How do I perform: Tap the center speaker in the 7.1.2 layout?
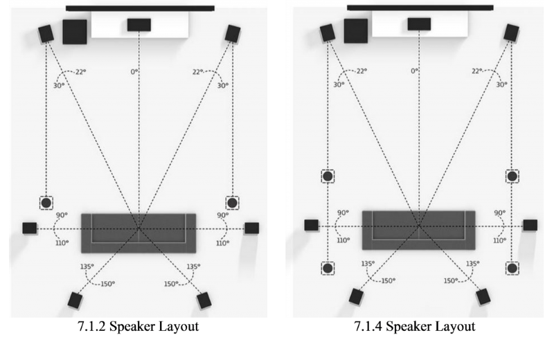tap(139, 24)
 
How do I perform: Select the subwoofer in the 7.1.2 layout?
tap(75, 32)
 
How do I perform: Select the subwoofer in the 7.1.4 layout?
tap(355, 31)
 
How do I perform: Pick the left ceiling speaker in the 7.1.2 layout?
tap(46, 203)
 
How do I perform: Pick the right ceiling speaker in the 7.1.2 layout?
tap(233, 203)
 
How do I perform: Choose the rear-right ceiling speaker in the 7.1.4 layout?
tap(512, 268)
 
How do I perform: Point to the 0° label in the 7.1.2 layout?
tap(134, 71)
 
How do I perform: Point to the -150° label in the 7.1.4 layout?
tap(386, 280)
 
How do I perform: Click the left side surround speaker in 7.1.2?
tap(29, 228)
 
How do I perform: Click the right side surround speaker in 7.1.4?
tap(530, 224)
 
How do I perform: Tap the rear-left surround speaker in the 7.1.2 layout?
tap(75, 300)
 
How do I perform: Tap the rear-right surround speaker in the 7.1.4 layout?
tap(483, 296)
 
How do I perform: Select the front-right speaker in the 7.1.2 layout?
tap(233, 33)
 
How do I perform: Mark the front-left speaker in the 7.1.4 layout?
tap(328, 32)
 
